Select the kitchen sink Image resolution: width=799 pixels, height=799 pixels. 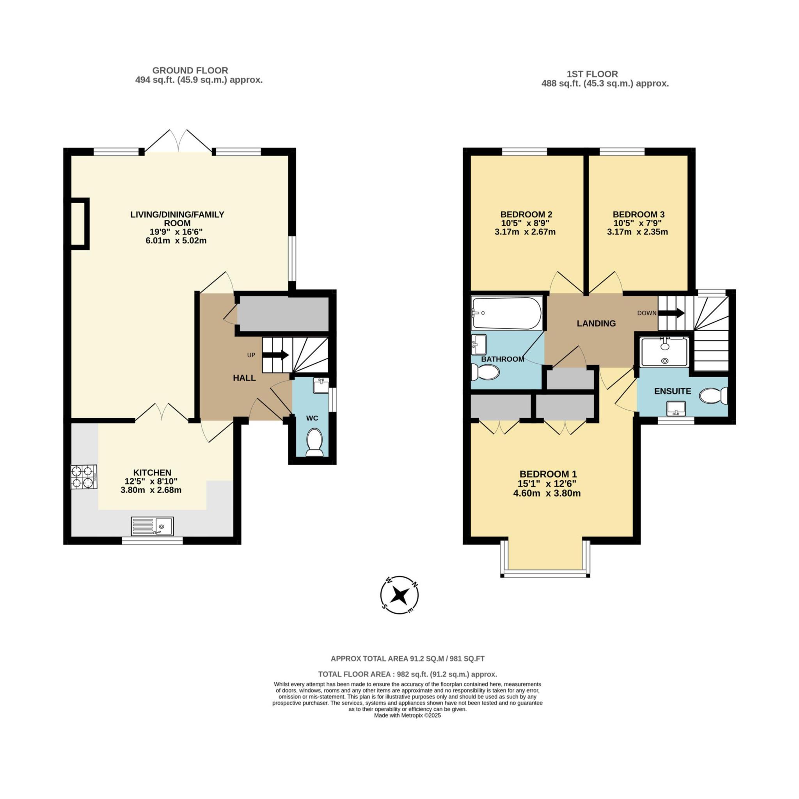pos(152,526)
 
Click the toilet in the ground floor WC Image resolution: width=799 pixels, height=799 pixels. pos(315,442)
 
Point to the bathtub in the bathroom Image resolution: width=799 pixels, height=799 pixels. pos(506,313)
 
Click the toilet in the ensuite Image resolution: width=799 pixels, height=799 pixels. pos(714,395)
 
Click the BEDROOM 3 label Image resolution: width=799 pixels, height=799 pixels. pos(639,214)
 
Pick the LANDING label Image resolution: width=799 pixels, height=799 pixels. pos(596,323)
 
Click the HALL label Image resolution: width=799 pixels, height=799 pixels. pos(244,378)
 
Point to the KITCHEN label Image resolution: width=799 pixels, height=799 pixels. pos(152,472)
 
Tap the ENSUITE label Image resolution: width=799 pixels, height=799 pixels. pos(673,391)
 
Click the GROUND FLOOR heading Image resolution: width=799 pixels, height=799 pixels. pos(190,70)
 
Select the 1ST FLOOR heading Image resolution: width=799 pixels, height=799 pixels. pos(592,74)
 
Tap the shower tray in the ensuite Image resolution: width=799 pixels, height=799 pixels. pos(664,352)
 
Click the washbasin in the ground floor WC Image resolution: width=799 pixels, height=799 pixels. pos(321,385)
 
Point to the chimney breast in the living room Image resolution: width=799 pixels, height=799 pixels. pos(80,224)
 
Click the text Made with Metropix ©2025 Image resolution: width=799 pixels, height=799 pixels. pos(407,726)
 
